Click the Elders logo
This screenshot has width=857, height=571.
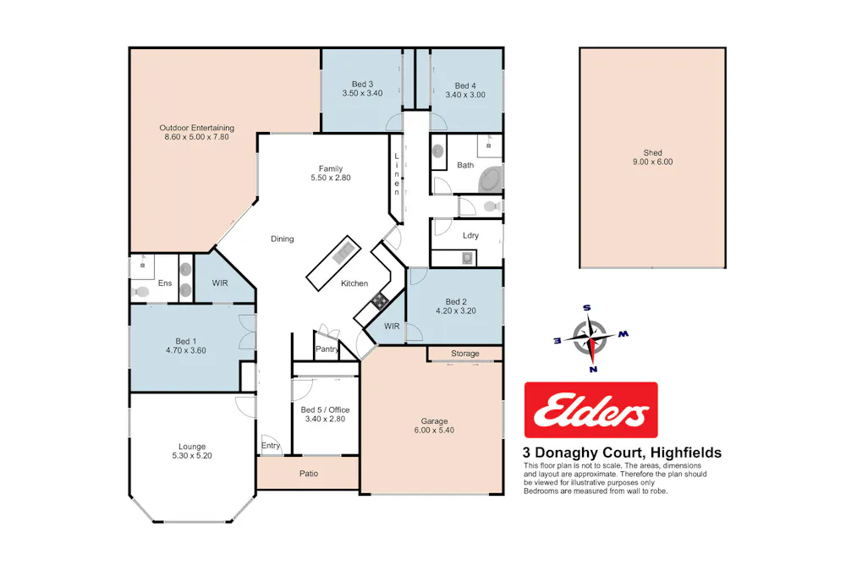tap(591, 409)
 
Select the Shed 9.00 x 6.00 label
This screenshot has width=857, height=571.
tap(652, 157)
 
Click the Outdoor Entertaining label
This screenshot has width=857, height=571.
tap(196, 132)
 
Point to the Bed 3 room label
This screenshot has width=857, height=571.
tap(363, 88)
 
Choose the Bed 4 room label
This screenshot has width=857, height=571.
tap(465, 90)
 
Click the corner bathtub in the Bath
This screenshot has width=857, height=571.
tap(490, 179)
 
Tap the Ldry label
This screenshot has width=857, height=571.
tap(470, 235)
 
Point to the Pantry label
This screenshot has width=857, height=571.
tap(327, 349)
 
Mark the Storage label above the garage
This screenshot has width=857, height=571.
tap(464, 354)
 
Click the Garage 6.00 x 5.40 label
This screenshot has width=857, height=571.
tap(434, 426)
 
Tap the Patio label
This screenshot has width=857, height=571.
tap(309, 474)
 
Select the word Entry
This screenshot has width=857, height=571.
tap(271, 446)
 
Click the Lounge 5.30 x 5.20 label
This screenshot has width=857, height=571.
tap(191, 451)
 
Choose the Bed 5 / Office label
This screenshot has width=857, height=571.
tap(326, 415)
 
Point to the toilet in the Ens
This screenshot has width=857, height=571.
tap(140, 292)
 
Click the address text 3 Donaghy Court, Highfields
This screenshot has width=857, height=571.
tap(622, 453)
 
